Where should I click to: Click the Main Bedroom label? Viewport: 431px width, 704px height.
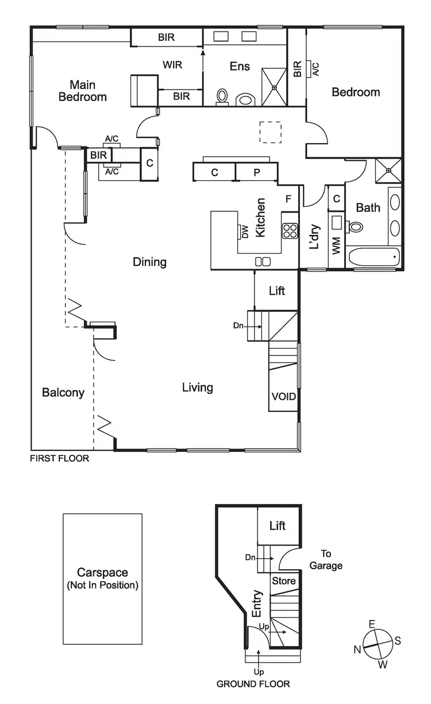(x=82, y=91)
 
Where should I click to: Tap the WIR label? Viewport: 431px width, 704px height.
(x=172, y=65)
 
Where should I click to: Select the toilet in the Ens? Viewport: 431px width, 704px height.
(x=222, y=97)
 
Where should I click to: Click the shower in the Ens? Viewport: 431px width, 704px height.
(x=274, y=87)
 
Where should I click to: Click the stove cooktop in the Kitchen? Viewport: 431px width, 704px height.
(x=290, y=230)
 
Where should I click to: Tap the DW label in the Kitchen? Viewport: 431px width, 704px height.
(x=244, y=231)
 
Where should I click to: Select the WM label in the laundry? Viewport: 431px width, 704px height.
(x=336, y=247)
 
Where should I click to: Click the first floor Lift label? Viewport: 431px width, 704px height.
(x=276, y=291)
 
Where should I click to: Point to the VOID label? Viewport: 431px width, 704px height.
(x=283, y=396)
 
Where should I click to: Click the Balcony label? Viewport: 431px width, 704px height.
(x=63, y=393)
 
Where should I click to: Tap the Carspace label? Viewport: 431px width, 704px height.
(x=102, y=573)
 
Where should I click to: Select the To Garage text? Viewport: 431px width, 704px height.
(x=326, y=559)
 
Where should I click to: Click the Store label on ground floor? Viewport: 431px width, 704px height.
(x=283, y=581)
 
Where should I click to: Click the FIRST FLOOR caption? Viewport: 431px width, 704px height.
(x=60, y=459)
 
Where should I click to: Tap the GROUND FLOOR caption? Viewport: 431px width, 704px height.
(x=253, y=684)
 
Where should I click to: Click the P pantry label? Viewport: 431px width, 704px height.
(x=256, y=172)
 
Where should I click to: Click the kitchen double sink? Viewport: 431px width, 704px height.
(x=263, y=262)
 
